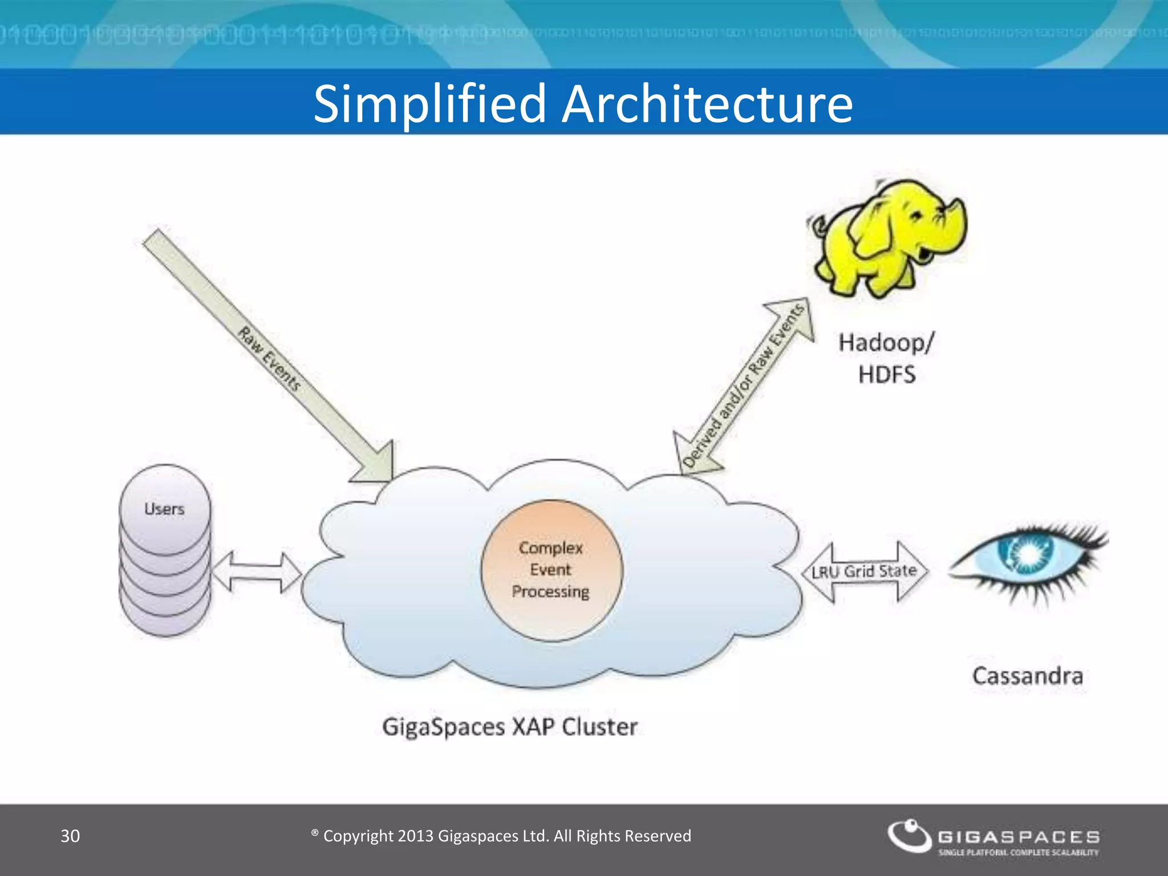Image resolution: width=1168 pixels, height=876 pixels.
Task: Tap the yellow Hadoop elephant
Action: click(890, 237)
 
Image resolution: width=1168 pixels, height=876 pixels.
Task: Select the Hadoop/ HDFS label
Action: click(886, 358)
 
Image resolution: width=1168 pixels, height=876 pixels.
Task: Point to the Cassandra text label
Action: click(1027, 676)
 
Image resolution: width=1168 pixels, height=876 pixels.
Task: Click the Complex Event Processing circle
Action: click(551, 570)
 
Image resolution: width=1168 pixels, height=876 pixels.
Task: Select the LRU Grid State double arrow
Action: click(865, 571)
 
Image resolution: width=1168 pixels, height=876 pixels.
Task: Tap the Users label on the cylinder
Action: click(164, 509)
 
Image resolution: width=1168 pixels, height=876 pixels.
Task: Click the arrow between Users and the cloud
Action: click(256, 571)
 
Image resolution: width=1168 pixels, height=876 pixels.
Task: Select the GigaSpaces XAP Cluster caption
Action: click(509, 727)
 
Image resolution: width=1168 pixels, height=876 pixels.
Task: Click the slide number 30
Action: click(70, 836)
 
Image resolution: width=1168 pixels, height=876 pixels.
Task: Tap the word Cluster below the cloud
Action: click(599, 727)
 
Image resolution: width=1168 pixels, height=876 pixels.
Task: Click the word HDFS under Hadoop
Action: click(886, 375)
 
